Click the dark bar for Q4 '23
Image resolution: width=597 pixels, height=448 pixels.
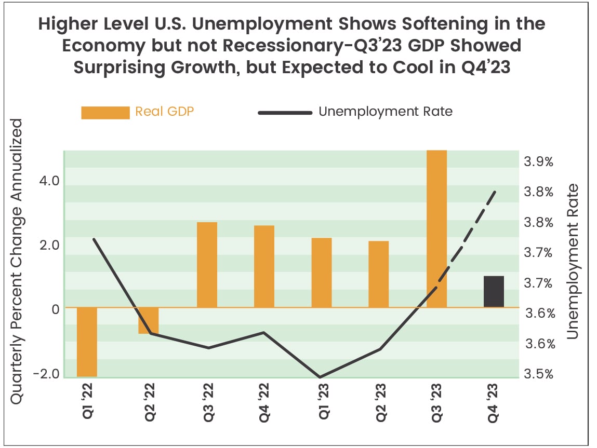click(x=494, y=292)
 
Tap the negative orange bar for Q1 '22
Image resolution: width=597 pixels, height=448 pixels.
click(x=87, y=342)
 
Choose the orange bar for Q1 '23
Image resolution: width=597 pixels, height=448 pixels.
click(x=322, y=273)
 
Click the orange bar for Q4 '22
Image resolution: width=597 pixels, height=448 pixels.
click(x=264, y=266)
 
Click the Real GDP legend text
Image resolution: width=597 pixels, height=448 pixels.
click(x=164, y=111)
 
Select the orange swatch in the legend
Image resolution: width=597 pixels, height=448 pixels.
click(x=105, y=113)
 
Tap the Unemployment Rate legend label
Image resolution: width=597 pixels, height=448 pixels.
click(x=385, y=111)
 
